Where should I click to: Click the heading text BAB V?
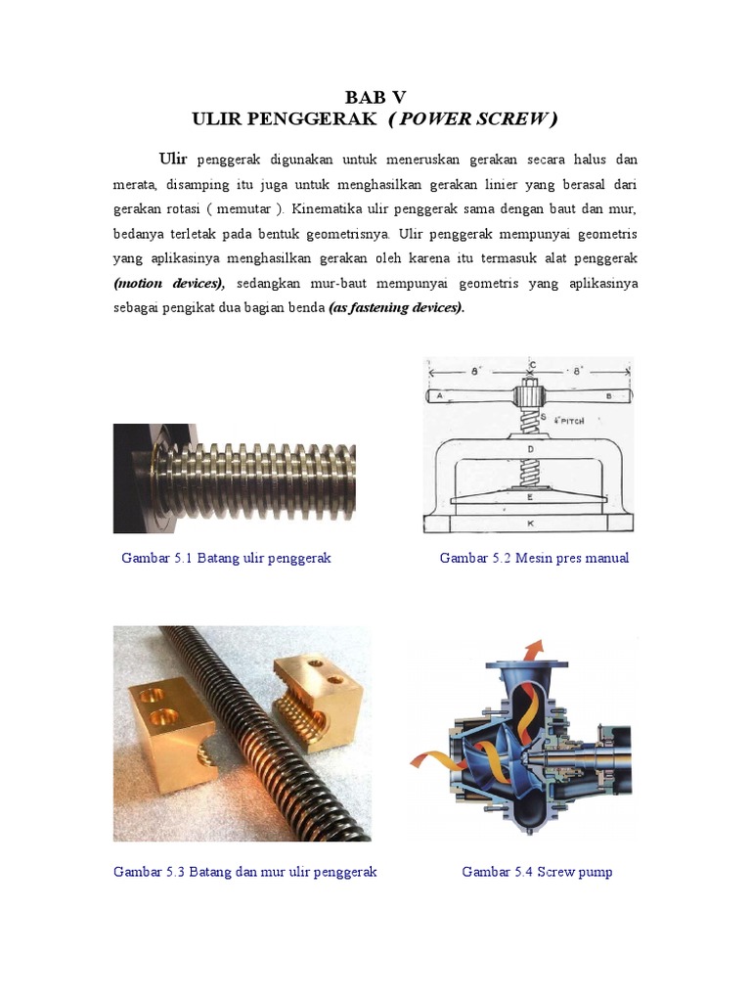point(375,96)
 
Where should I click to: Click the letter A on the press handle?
point(440,395)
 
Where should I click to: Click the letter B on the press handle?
point(608,395)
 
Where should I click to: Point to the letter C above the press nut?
point(531,365)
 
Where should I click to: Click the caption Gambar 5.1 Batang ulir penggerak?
point(226,559)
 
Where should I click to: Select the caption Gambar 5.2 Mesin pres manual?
point(534,559)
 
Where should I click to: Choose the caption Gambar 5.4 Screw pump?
point(537,872)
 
